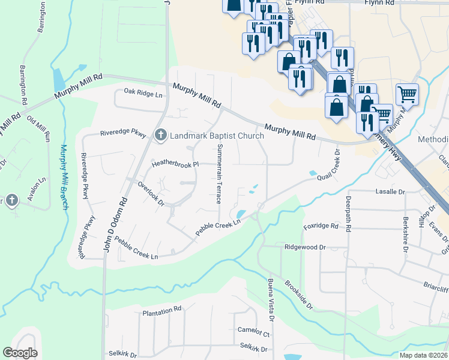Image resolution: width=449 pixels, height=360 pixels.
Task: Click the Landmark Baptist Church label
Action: pyautogui.click(x=217, y=136)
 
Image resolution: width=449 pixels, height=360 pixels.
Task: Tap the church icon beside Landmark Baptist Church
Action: pyautogui.click(x=160, y=136)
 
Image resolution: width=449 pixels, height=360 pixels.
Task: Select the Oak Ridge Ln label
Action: pyautogui.click(x=143, y=94)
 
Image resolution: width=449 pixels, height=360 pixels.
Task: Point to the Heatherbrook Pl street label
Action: pyautogui.click(x=175, y=163)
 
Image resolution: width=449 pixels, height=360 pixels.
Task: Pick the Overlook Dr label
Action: pyautogui.click(x=151, y=194)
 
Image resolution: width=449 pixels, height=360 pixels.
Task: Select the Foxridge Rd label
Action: pyautogui.click(x=321, y=226)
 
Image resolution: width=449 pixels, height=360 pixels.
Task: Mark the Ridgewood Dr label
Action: pyautogui.click(x=305, y=247)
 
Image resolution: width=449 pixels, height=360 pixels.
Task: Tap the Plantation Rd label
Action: pyautogui.click(x=161, y=310)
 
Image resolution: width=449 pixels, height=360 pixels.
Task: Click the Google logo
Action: pyautogui.click(x=20, y=353)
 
